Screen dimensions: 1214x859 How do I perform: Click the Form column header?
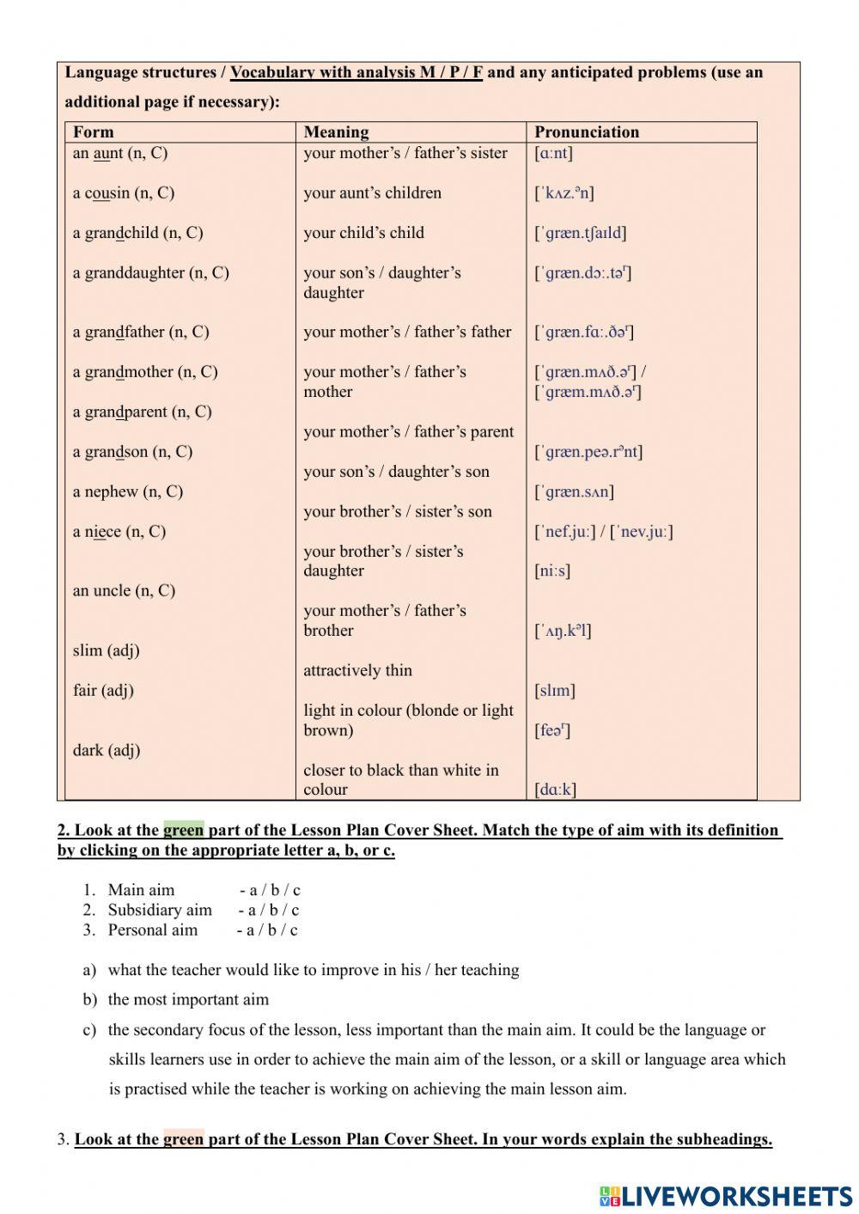[93, 131]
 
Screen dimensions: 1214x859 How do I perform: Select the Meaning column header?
[336, 131]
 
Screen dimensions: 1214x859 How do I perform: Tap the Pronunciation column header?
[587, 131]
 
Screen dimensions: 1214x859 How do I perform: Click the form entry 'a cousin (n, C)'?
[123, 192]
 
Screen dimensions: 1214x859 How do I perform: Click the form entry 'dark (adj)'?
[106, 750]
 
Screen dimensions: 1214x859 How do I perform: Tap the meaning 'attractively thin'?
[357, 670]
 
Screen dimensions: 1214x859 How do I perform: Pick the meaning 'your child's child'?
[363, 233]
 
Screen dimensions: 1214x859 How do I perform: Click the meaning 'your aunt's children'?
[372, 192]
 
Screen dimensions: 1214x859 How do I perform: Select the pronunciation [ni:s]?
[552, 570]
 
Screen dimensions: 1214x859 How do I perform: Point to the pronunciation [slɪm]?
[555, 690]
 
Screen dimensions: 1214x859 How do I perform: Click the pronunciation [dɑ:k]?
[555, 789]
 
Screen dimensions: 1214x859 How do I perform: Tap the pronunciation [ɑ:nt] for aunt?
[553, 153]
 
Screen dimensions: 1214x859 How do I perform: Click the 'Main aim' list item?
[141, 890]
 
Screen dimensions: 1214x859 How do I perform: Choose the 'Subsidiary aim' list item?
[160, 910]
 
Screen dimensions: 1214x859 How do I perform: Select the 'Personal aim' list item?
[152, 930]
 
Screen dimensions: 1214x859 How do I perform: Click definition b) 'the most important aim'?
[188, 999]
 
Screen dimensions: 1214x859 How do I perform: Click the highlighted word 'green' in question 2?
[183, 830]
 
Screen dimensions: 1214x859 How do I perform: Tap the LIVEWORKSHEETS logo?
[726, 1196]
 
